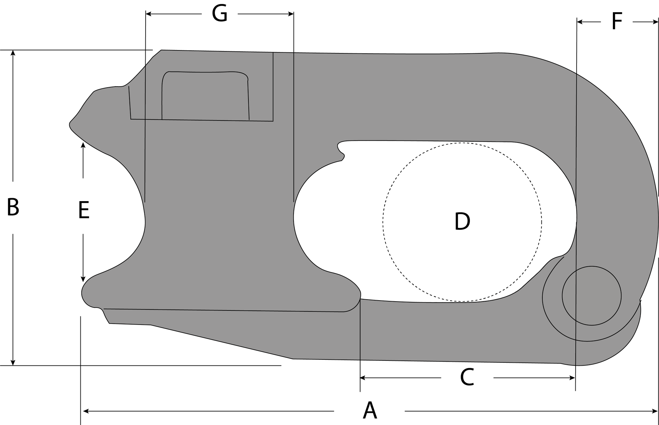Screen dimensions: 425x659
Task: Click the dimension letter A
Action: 369,411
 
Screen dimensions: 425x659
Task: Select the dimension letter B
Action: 13,207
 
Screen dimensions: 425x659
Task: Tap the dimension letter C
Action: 467,378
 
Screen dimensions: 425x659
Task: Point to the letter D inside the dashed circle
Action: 462,222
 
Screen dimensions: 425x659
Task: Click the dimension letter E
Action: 84,210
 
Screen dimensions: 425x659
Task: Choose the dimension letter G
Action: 219,14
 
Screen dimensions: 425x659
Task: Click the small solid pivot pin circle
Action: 591,296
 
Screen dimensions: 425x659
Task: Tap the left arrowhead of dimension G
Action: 148,14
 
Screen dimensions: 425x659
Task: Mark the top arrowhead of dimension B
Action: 13,53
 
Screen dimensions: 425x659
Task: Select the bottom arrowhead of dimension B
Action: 13,362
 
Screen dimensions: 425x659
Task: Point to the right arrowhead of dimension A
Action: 655,411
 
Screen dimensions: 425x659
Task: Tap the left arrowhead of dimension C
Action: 363,378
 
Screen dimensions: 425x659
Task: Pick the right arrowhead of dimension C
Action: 573,378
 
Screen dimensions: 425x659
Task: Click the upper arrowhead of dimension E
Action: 83,145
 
